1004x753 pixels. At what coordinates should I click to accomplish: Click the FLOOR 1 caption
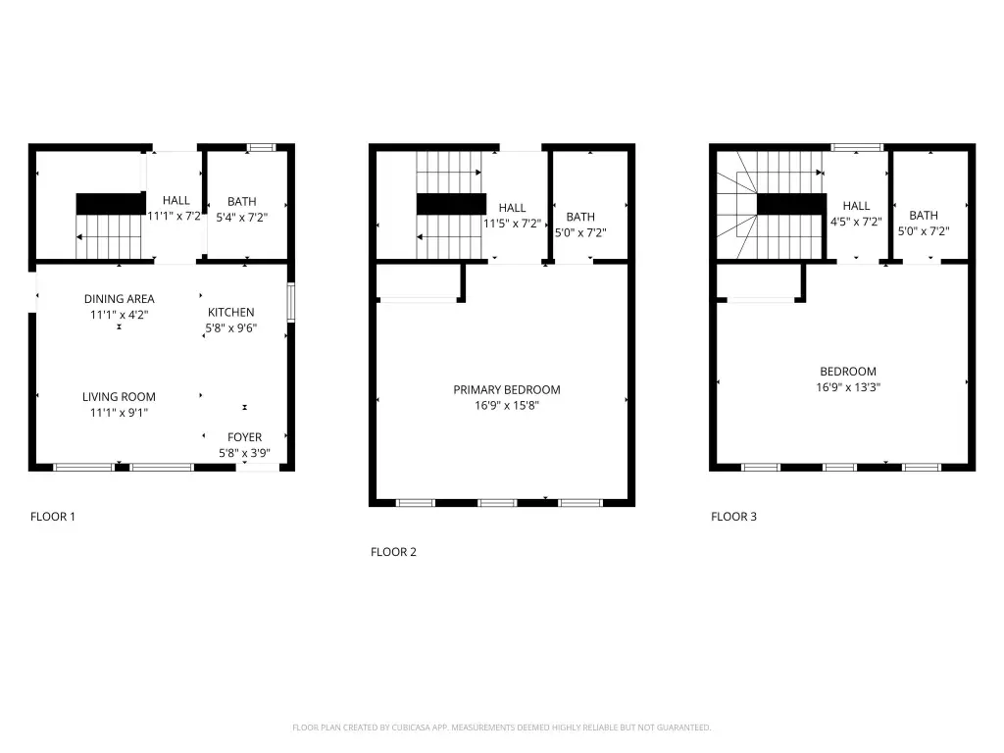click(x=53, y=517)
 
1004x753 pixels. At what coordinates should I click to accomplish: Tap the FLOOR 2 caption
click(x=393, y=552)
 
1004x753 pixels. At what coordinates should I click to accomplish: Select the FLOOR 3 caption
click(x=733, y=517)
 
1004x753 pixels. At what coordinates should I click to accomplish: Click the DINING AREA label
click(x=119, y=299)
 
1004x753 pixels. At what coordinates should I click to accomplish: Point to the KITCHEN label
click(x=231, y=313)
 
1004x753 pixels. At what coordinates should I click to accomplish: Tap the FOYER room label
click(x=244, y=437)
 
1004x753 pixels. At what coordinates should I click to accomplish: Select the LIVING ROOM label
click(x=119, y=397)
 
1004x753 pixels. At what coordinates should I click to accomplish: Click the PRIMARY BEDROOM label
click(x=507, y=390)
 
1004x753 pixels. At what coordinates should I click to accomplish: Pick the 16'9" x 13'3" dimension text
click(x=848, y=387)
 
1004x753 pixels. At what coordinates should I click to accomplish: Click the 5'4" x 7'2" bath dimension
click(x=241, y=218)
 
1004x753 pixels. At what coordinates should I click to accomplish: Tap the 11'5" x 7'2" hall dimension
click(x=512, y=225)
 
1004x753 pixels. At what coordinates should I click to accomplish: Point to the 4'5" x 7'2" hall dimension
click(x=856, y=223)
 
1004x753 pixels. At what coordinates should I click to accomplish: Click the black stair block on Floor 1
click(x=111, y=204)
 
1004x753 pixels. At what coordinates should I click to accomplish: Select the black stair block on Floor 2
click(x=451, y=204)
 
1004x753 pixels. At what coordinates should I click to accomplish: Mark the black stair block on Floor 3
click(x=791, y=204)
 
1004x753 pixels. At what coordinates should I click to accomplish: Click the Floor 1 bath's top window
click(x=261, y=148)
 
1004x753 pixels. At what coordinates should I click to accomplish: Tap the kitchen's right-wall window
click(x=290, y=302)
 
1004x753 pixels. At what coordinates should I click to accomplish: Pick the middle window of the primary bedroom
click(x=497, y=503)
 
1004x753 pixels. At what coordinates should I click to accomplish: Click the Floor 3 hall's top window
click(x=857, y=148)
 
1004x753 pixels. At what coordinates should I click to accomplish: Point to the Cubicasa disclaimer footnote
click(x=501, y=728)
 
